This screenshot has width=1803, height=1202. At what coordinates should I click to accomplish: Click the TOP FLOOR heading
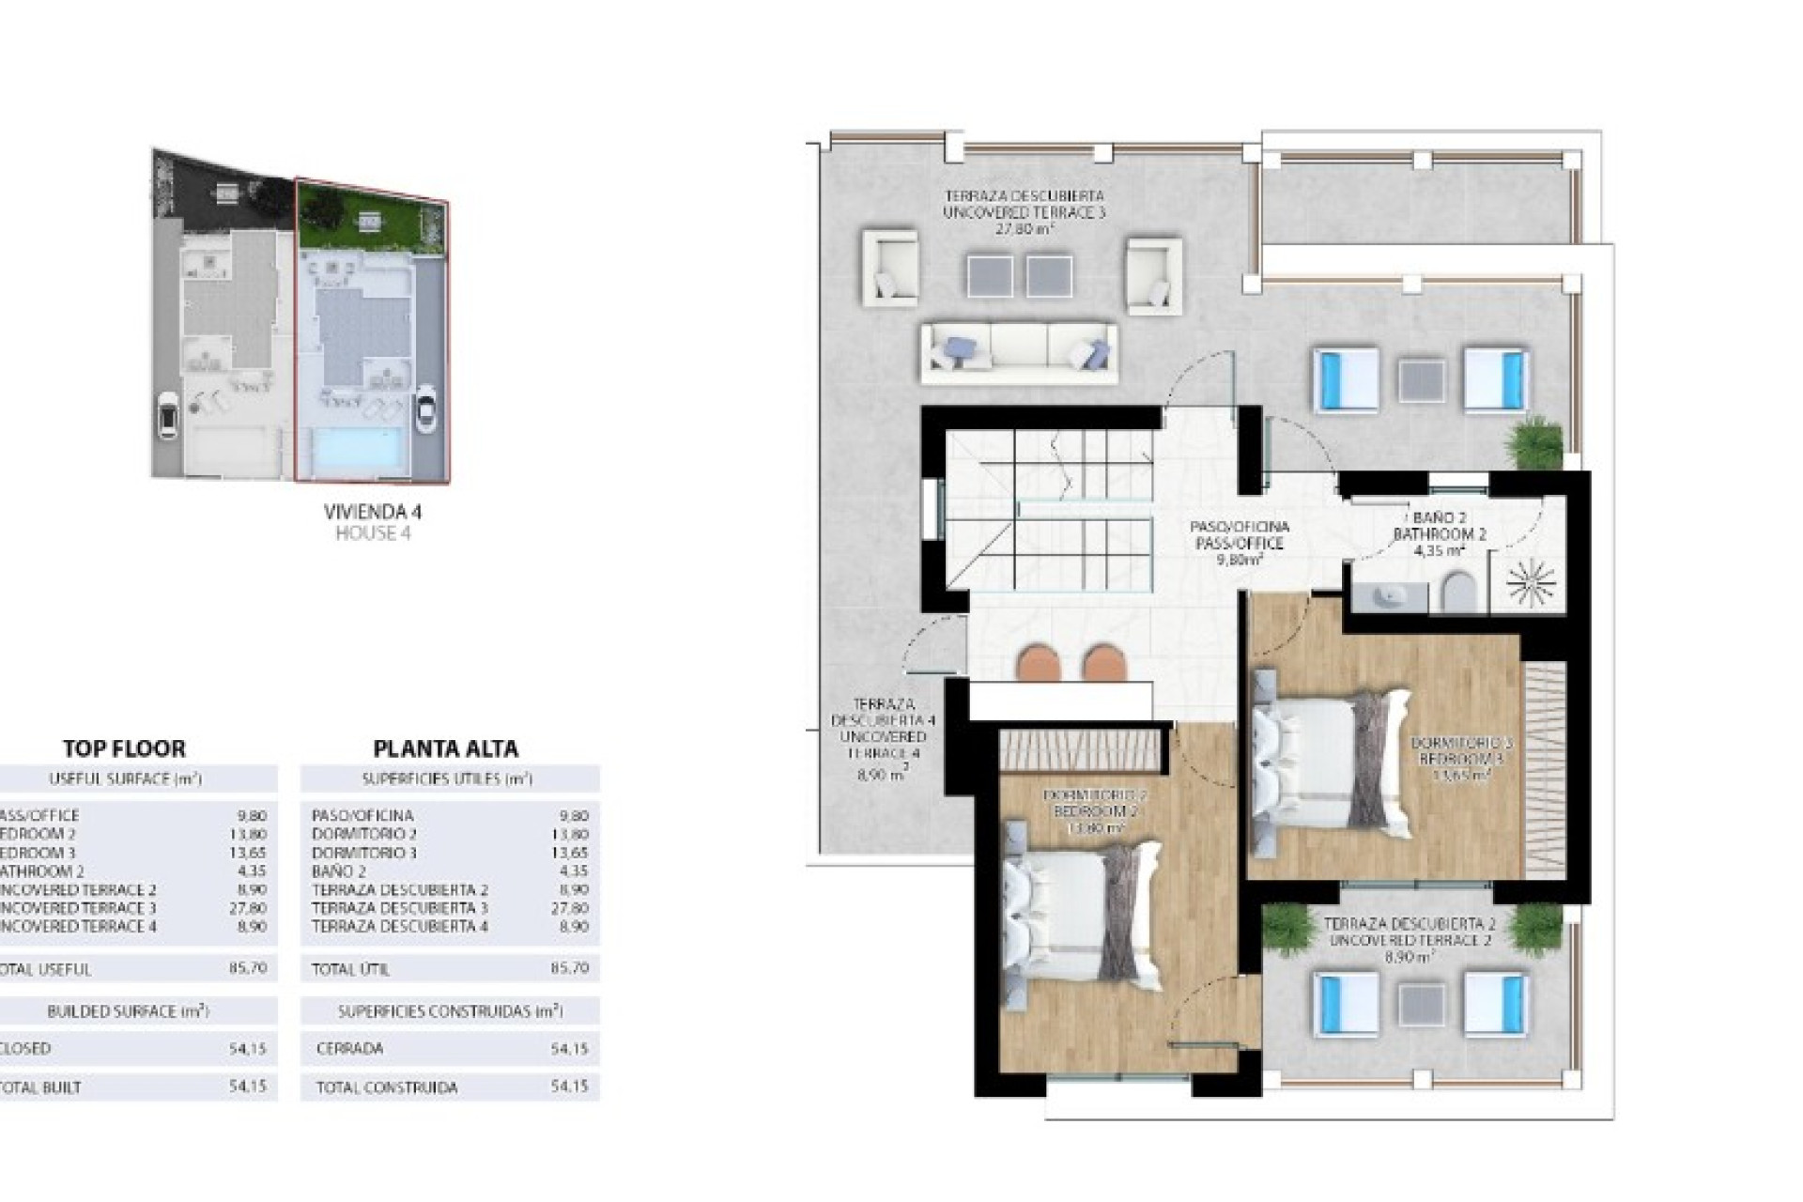pos(124,748)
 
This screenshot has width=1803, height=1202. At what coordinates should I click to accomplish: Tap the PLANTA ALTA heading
pos(445,748)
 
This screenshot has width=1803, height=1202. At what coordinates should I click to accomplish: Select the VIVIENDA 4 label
pos(372,512)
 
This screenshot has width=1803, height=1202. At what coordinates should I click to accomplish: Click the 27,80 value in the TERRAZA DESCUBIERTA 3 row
pos(568,908)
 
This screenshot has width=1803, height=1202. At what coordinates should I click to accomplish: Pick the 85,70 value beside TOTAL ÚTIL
pos(568,968)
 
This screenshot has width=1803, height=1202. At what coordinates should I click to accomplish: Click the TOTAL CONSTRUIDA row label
pos(386,1087)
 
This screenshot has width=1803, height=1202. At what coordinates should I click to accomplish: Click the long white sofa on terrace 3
pos(1019,352)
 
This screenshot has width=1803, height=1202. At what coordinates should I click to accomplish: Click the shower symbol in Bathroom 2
pos(1531,583)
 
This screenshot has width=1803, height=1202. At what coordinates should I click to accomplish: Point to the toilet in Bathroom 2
pos(1459,592)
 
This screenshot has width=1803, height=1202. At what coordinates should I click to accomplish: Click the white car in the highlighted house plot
pos(425,409)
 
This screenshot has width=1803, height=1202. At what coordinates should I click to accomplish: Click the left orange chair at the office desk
pos(1038,662)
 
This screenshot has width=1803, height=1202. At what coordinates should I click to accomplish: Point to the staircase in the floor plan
pos(1052,512)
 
